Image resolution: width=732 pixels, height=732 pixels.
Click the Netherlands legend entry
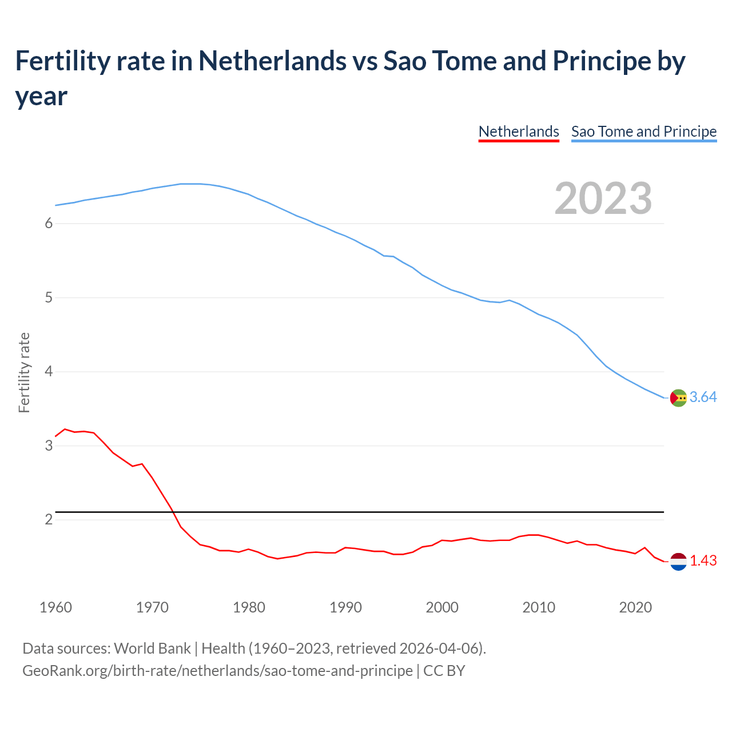tap(519, 132)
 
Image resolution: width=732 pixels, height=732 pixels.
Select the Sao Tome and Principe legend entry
tap(644, 132)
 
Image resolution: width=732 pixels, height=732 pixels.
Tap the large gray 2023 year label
tap(603, 198)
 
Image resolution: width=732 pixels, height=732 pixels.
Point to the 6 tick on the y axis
tap(49, 224)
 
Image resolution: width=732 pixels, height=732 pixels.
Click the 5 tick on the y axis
tap(49, 298)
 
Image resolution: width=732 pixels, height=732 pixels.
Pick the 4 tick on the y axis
tap(49, 372)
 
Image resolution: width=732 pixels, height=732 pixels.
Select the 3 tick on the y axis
tap(49, 445)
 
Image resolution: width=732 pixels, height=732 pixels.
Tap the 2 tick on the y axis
tap(49, 520)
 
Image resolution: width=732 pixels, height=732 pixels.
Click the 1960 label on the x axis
tap(55, 607)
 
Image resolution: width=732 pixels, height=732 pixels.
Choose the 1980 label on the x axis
tap(249, 607)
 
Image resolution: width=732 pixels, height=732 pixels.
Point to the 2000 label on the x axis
tap(442, 607)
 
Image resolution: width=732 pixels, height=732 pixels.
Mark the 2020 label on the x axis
tap(635, 607)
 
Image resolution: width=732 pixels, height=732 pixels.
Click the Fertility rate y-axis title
tap(24, 372)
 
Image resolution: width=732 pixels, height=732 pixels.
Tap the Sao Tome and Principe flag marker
tap(678, 397)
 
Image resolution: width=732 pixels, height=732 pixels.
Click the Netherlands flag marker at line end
tap(678, 562)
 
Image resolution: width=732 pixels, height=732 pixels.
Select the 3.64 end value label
tap(703, 397)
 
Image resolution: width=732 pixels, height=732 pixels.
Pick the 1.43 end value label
tap(703, 561)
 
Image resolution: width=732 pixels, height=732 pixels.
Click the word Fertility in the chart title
tap(62, 61)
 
